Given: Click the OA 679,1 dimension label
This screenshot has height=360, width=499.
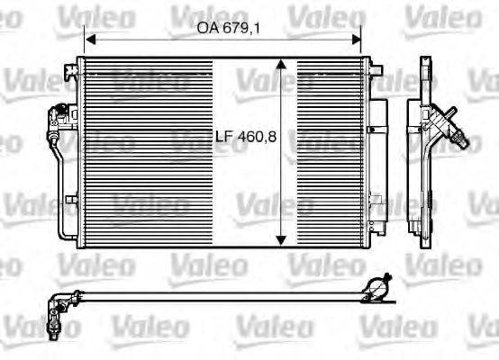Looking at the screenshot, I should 222,27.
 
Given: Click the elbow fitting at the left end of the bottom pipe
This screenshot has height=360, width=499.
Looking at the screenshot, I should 59,300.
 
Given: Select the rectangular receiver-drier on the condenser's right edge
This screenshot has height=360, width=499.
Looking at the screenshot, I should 379,153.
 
